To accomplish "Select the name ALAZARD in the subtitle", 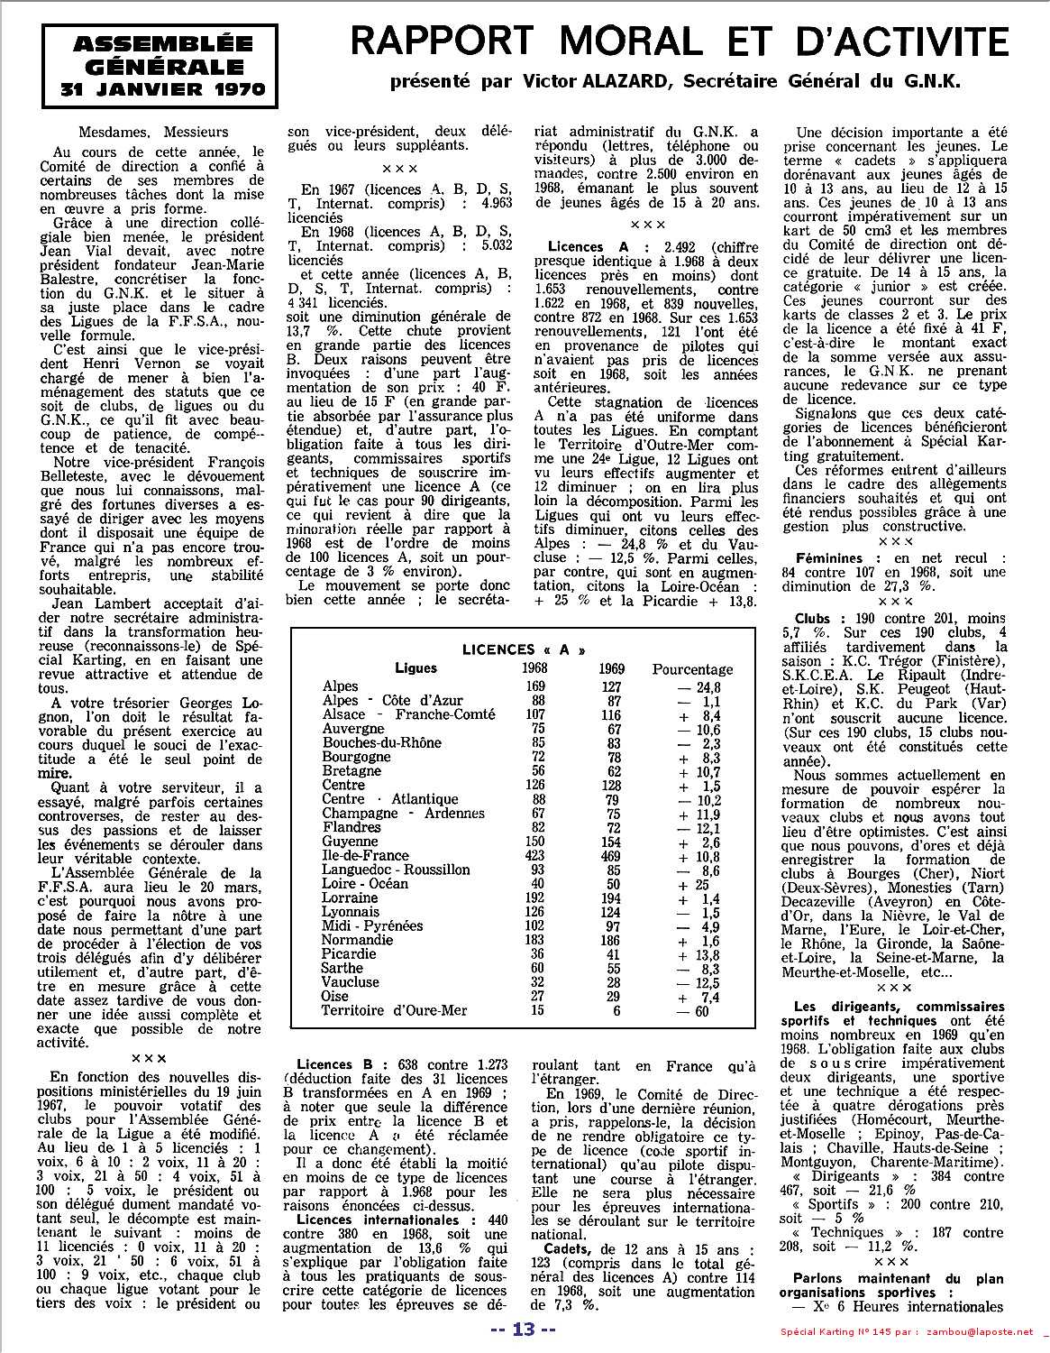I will tap(625, 80).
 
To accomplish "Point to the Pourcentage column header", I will tap(692, 669).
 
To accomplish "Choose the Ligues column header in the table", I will tap(415, 668).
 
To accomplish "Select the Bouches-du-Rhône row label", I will tap(382, 742).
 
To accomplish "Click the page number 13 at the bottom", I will tap(524, 1330).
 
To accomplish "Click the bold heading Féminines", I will tap(829, 558).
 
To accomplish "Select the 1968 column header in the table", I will tap(535, 669).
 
